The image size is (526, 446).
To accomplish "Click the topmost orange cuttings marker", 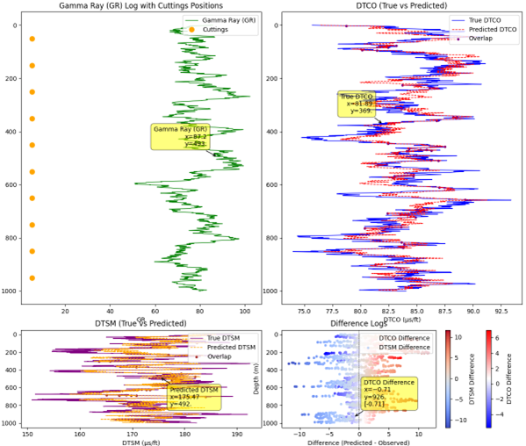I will point(32,39).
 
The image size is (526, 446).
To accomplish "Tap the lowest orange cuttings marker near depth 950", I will point(32,278).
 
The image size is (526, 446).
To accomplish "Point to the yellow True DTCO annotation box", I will point(357,104).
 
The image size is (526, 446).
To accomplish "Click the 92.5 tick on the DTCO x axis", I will point(501,310).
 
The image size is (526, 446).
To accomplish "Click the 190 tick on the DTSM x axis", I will point(237,433).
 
